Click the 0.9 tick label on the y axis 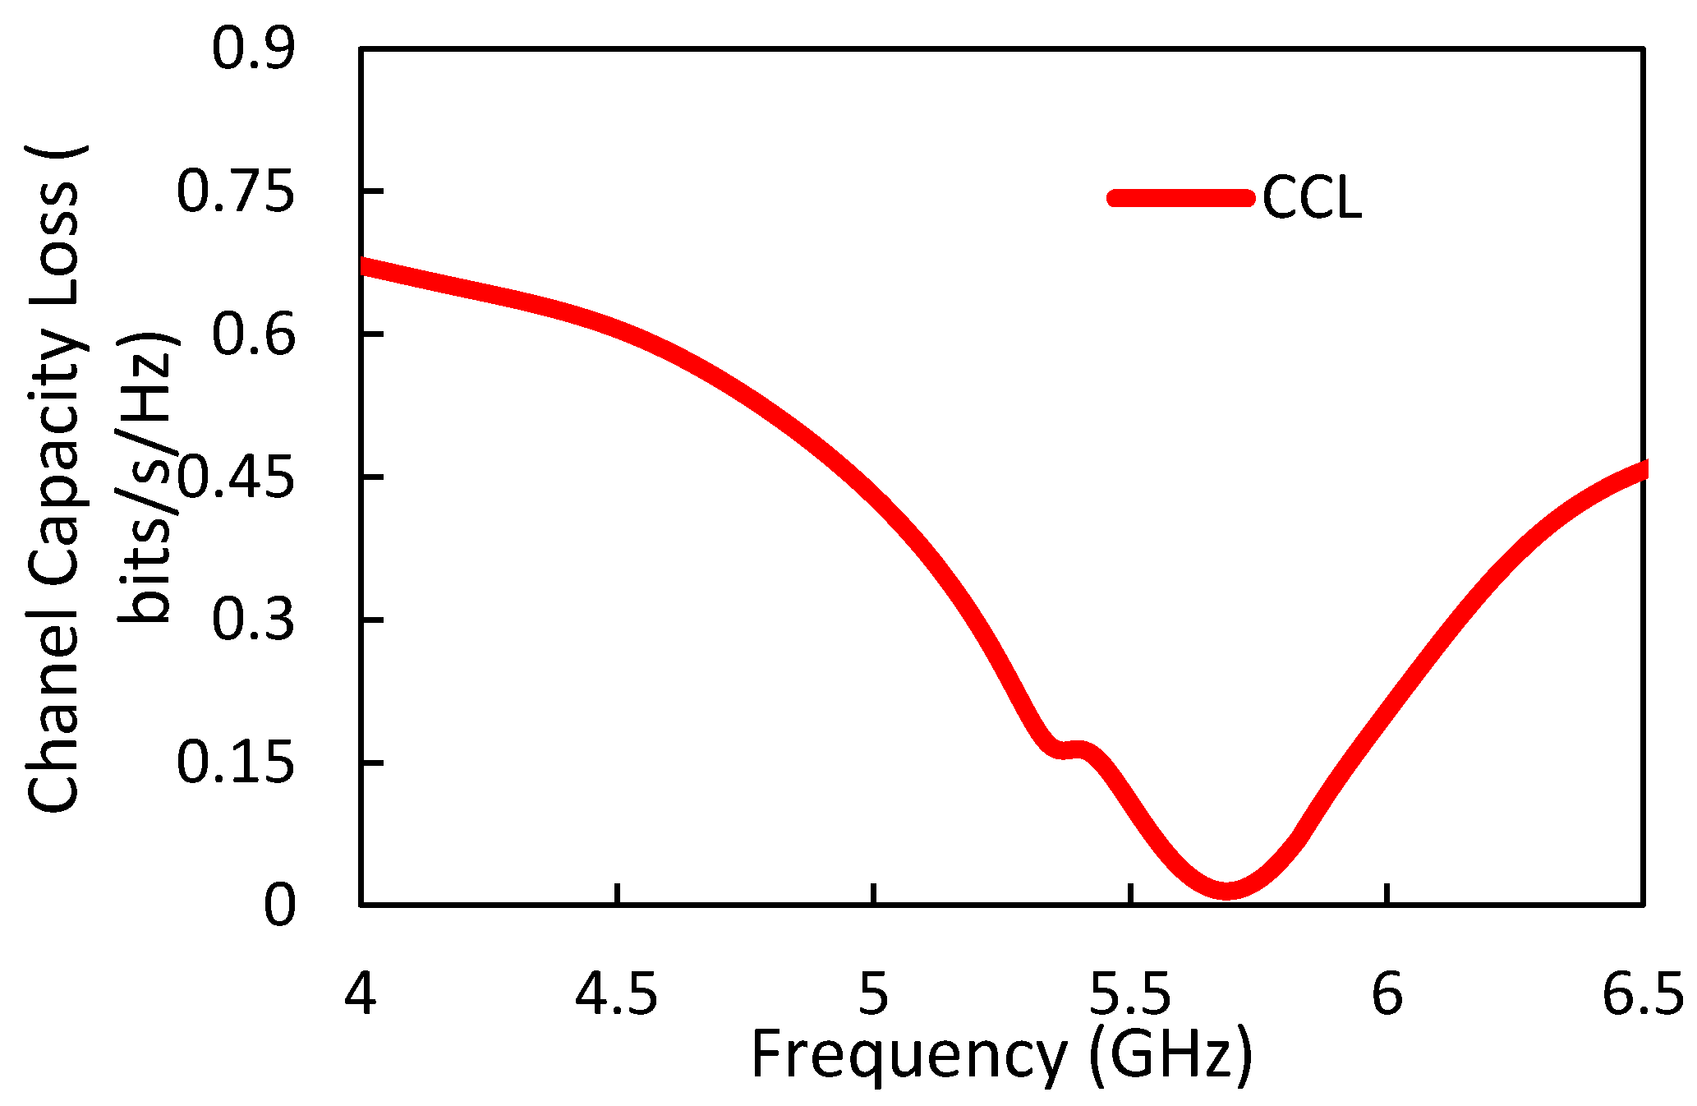[x=252, y=49]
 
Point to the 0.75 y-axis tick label [x=235, y=192]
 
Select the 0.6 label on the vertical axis [x=252, y=335]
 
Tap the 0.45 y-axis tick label [x=235, y=478]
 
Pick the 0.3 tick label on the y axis [x=252, y=620]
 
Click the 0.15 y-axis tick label [x=235, y=763]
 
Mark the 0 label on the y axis [x=278, y=906]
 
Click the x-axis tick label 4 [x=360, y=993]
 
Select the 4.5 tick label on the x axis [x=616, y=993]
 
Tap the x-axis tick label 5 [x=873, y=993]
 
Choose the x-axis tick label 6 [x=1387, y=993]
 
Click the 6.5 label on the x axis [x=1642, y=993]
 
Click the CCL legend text [x=1312, y=199]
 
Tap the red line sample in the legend [x=1180, y=198]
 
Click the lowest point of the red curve [x=1226, y=889]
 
